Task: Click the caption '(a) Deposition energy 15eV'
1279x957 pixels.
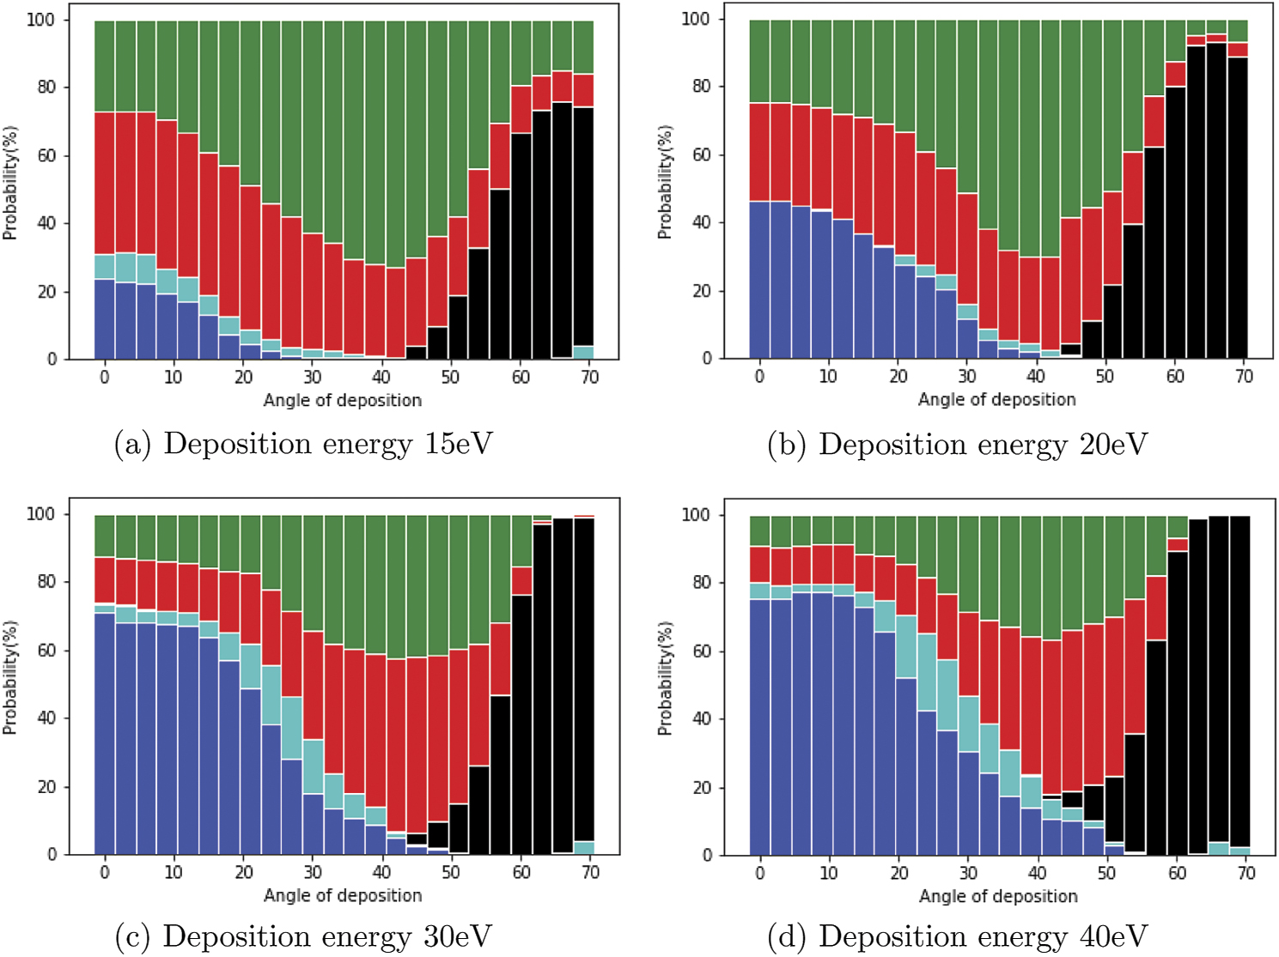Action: tap(303, 445)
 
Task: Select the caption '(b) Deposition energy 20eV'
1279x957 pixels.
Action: tap(957, 445)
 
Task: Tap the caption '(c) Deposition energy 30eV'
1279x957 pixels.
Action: tap(303, 936)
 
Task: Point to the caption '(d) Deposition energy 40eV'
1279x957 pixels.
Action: tap(957, 936)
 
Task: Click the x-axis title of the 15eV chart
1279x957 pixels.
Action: tap(342, 400)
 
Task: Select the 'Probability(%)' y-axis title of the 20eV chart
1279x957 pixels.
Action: tap(665, 182)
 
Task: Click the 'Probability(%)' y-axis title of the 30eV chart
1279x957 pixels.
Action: tap(9, 677)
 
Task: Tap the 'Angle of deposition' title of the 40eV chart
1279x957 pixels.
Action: tap(997, 896)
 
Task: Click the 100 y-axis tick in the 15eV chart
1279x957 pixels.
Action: tap(40, 20)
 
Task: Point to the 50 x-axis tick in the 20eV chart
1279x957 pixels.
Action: tap(1105, 376)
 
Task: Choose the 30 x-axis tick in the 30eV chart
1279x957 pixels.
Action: tap(313, 872)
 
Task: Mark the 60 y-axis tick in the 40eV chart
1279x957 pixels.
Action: tap(701, 651)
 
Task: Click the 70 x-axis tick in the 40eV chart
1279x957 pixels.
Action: tap(1245, 873)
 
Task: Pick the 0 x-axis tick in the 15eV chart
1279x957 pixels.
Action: tap(104, 377)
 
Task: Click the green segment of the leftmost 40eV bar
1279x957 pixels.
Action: tap(759, 530)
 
